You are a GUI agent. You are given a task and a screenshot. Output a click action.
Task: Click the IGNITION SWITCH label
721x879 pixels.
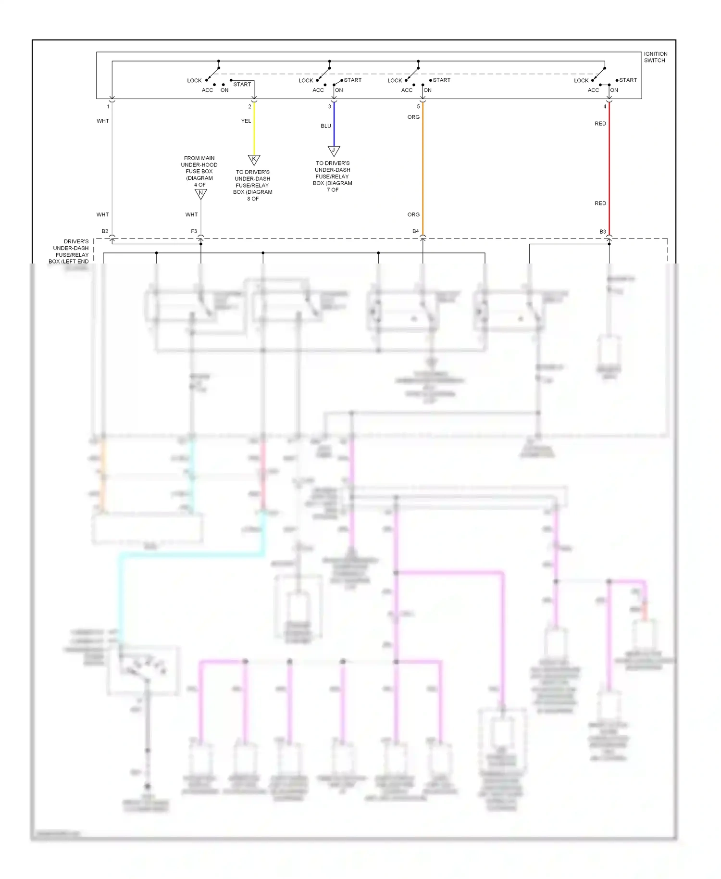(655, 57)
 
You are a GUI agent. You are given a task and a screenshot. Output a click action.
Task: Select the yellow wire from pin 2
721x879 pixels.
(254, 130)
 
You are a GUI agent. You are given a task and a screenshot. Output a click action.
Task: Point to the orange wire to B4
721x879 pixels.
(423, 168)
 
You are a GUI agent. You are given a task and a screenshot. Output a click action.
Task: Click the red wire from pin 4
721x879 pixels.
(609, 163)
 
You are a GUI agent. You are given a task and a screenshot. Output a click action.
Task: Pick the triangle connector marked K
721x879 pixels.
(254, 159)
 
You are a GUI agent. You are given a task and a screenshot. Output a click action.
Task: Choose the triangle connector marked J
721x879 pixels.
(334, 150)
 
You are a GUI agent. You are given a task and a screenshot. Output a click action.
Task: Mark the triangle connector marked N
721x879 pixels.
(200, 193)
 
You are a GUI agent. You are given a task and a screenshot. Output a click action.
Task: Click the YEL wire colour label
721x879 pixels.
(246, 121)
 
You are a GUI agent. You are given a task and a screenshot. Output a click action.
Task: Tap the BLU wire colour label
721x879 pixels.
(326, 126)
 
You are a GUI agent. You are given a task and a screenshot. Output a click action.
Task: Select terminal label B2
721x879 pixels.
(105, 231)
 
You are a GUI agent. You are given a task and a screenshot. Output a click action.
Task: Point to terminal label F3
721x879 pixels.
(194, 231)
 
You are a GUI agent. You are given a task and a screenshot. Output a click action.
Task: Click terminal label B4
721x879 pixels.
(415, 231)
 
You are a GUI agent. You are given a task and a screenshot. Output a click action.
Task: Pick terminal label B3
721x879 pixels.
(602, 232)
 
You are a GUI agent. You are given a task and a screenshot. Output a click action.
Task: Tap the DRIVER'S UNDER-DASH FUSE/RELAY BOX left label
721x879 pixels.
(70, 251)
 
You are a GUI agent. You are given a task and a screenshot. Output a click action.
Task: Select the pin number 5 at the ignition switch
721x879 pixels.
(418, 107)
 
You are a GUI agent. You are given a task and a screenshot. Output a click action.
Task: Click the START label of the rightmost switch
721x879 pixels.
(628, 80)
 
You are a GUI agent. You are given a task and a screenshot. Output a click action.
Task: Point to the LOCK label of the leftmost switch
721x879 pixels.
(194, 81)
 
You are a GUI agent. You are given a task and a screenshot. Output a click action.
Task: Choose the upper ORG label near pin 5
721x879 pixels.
(413, 117)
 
